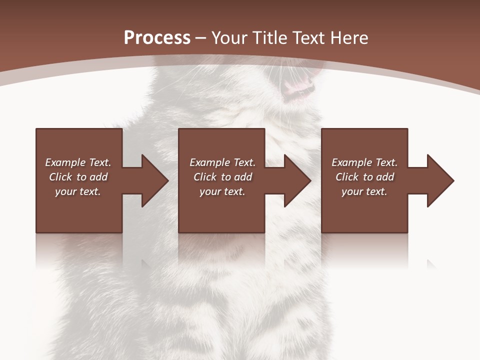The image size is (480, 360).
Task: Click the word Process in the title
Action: [157, 38]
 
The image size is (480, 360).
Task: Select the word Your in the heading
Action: [230, 38]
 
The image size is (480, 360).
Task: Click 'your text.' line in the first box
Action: [77, 191]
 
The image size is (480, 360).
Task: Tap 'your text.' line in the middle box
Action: [222, 191]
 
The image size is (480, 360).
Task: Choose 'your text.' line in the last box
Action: [364, 191]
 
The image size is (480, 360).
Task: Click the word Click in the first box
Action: [60, 177]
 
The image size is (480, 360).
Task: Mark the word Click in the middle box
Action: [205, 177]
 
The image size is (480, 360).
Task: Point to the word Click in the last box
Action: [347, 177]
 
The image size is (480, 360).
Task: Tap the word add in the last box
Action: [384, 177]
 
